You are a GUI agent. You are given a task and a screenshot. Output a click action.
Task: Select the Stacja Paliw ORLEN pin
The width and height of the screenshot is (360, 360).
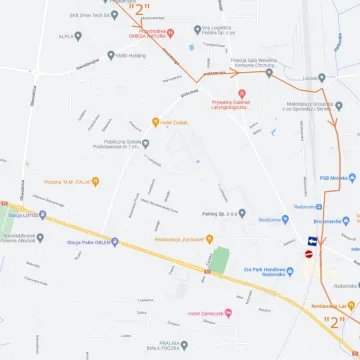[x=114, y=241]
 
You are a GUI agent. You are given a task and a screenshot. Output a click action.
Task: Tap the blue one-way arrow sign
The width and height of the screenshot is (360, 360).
[x=312, y=240]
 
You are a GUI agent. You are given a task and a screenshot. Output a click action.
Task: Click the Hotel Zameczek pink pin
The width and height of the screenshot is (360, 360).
[x=228, y=313]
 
